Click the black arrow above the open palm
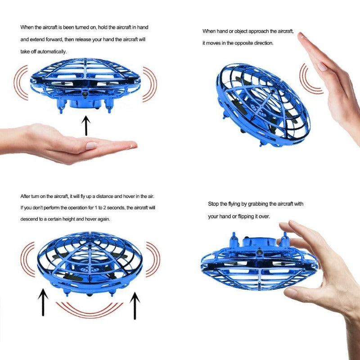[x=86, y=126]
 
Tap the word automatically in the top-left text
[x=54, y=51]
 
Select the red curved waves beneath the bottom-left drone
[x=89, y=308]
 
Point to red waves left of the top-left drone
[x=21, y=83]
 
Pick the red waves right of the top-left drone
[x=150, y=84]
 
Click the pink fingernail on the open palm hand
[x=91, y=146]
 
